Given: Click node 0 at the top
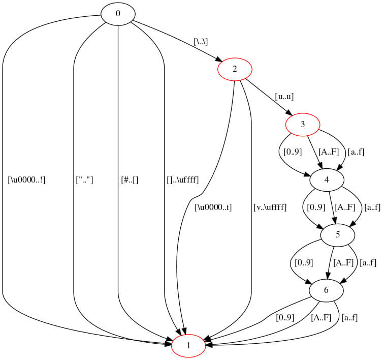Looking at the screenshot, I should tap(118, 14).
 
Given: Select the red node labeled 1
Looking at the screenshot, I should tap(188, 346).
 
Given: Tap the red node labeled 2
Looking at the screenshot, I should tap(235, 69).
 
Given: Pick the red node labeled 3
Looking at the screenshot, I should tap(302, 124).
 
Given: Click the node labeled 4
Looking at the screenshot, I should tap(327, 179).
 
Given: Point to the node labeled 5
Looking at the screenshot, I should tap(337, 235).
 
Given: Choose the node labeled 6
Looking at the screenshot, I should tap(326, 290).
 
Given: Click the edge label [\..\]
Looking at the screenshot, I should tap(201, 41).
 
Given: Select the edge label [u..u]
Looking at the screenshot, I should tap(284, 96).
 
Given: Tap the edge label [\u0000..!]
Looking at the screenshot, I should tap(27, 179).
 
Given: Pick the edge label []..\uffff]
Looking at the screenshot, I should tap(182, 179).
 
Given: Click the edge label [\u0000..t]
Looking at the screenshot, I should tap(213, 207).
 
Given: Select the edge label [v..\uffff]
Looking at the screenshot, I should tap(270, 207).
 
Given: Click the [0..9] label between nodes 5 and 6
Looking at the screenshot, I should tap(304, 262).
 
